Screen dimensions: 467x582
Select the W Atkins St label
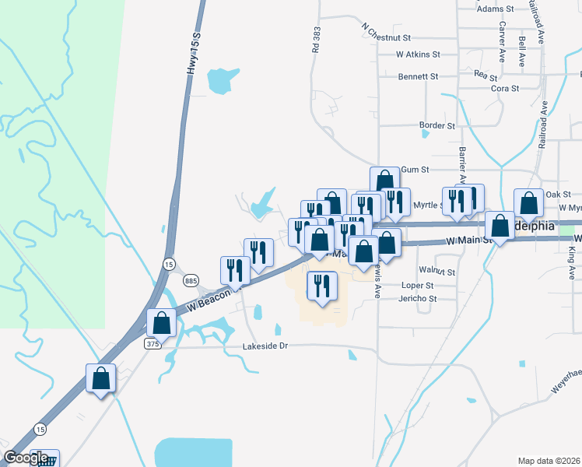418,55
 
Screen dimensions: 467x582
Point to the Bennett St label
418,77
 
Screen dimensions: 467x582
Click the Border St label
436,125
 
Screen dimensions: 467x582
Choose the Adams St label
496,9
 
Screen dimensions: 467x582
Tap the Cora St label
505,89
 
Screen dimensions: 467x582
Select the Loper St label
419,286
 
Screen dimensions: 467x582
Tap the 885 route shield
190,280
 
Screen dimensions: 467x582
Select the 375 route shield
153,343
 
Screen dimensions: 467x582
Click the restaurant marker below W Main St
321,286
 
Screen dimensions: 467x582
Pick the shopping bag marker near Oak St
528,203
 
